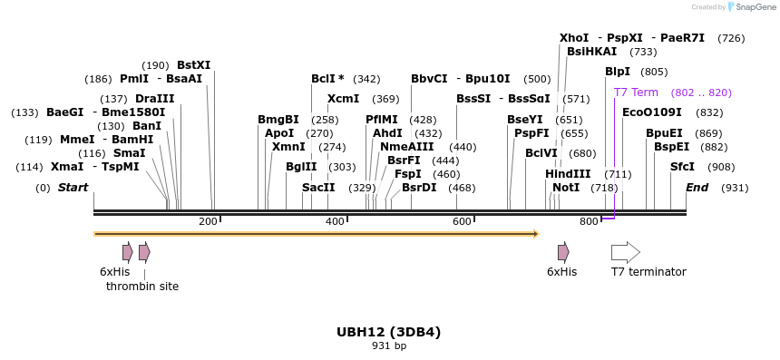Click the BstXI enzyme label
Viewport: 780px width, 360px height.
click(193, 65)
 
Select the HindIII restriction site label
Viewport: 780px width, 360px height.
click(568, 174)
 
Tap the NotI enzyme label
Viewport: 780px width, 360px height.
click(566, 188)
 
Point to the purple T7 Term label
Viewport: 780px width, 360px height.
click(636, 92)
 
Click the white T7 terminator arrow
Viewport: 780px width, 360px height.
click(625, 252)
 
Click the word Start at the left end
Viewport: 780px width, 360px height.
click(73, 188)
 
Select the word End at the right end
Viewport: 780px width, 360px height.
click(697, 188)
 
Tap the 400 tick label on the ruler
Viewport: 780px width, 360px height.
click(335, 222)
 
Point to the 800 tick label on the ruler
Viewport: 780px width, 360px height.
click(589, 222)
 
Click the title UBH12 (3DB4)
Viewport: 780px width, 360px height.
click(388, 332)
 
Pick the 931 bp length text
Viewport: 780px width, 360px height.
click(388, 345)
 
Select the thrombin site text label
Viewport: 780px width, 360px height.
click(142, 287)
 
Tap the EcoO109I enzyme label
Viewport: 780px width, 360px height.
click(652, 112)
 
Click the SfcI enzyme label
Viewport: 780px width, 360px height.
click(682, 167)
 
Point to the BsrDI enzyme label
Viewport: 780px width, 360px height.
click(419, 188)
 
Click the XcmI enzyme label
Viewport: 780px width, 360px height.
click(343, 99)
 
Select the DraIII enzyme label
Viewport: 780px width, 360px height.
click(154, 99)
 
